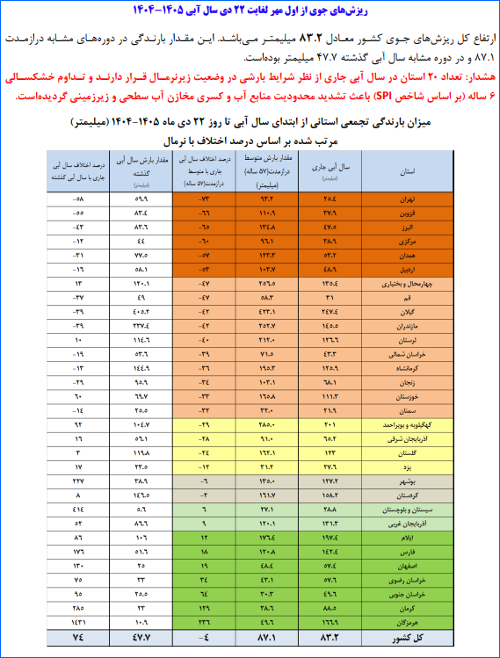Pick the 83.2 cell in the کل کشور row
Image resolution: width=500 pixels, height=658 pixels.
330,636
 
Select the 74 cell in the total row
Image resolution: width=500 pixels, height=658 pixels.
78,636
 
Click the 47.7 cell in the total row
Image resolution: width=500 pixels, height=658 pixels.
140,636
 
